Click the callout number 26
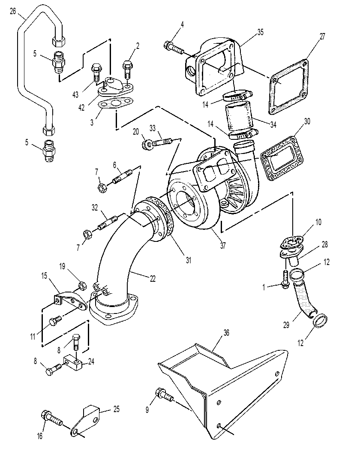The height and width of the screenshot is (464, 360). tap(12, 11)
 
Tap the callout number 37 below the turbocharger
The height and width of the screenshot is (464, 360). tap(223, 245)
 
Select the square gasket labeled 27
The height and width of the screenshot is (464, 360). tap(288, 87)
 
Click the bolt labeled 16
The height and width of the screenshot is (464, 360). tap(52, 417)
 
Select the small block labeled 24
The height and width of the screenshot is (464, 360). tap(72, 363)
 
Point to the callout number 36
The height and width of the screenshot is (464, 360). tap(226, 333)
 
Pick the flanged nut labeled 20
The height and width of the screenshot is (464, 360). tap(147, 145)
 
